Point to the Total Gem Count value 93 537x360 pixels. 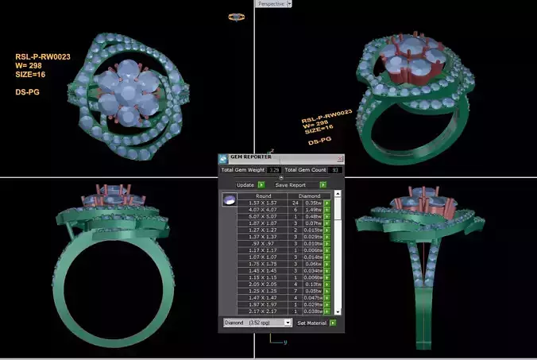(x=336, y=170)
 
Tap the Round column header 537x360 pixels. (x=263, y=195)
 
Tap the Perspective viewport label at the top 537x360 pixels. (x=271, y=4)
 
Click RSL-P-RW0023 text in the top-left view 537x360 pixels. (x=39, y=57)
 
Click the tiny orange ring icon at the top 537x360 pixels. (x=236, y=16)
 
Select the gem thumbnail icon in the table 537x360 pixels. (x=229, y=200)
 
